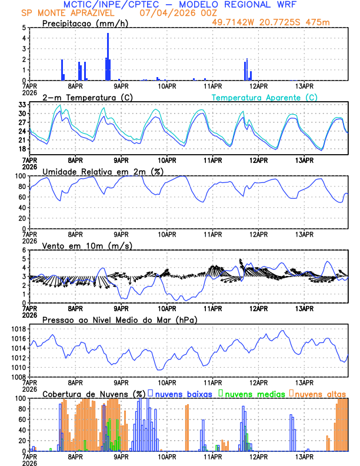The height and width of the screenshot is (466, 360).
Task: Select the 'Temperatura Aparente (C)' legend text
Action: coord(264,97)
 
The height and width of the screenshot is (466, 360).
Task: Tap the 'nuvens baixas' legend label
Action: coord(183,393)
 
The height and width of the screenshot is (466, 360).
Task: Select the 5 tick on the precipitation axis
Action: coord(24,28)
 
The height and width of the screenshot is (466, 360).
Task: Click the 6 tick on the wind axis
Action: coord(24,250)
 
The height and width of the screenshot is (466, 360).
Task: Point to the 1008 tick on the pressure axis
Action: coord(19,377)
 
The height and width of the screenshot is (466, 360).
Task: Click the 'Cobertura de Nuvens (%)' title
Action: coord(94,393)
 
